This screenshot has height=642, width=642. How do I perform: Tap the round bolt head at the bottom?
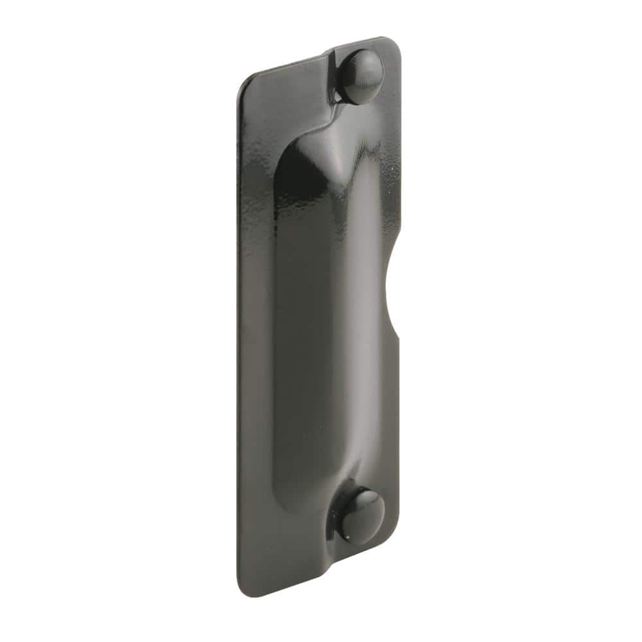(361, 516)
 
